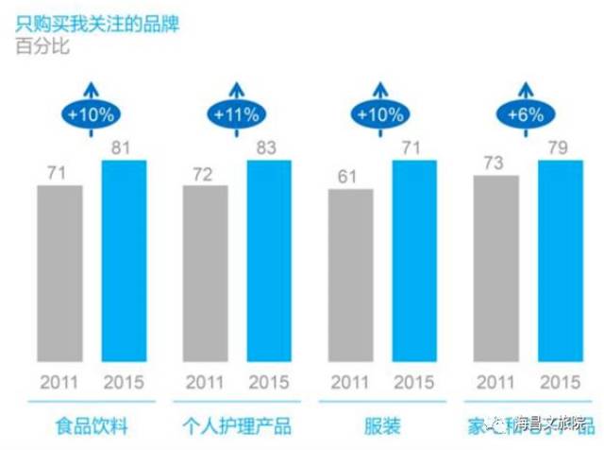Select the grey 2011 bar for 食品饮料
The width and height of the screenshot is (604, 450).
[60, 274]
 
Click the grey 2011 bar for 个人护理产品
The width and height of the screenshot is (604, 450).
[206, 274]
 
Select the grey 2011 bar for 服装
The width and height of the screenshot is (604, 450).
[351, 276]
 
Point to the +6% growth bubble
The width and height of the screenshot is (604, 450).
[526, 116]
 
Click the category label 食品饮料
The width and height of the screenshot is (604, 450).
[92, 424]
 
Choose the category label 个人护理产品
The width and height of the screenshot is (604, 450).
[237, 424]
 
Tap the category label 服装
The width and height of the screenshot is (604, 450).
[383, 424]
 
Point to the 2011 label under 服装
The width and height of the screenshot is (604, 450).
[351, 385]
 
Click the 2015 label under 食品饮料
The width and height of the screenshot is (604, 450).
[125, 385]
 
